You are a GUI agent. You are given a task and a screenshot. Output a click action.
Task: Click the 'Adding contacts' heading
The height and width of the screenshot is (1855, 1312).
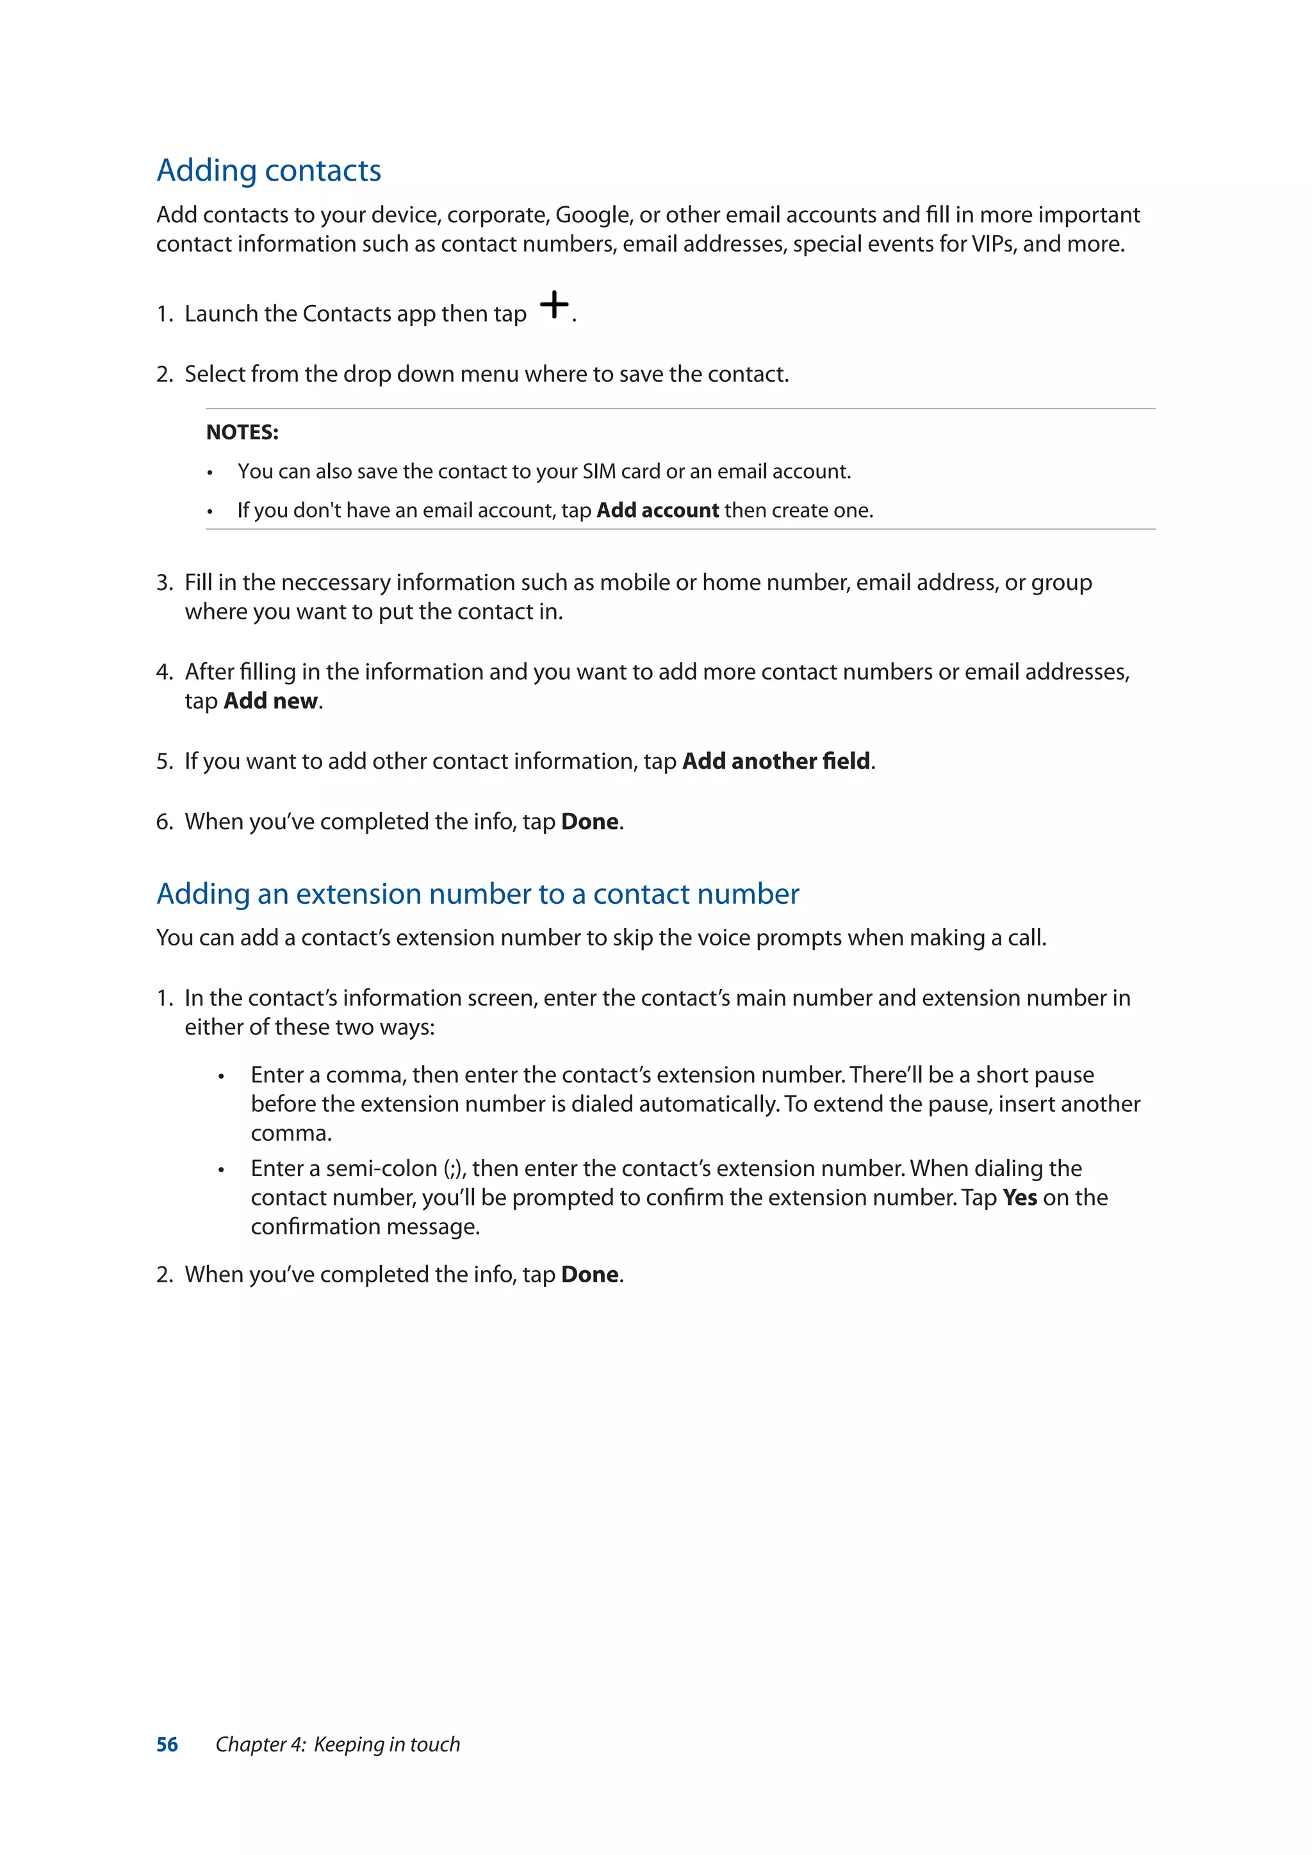tap(268, 170)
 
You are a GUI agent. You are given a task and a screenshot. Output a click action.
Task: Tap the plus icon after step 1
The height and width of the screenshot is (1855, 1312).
tap(554, 305)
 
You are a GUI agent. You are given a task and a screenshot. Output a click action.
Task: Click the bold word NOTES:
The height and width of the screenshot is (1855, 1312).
tap(242, 432)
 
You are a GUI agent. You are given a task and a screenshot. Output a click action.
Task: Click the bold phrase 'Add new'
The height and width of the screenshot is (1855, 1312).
tap(270, 701)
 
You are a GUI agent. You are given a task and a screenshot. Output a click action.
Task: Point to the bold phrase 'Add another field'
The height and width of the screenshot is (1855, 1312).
tap(776, 761)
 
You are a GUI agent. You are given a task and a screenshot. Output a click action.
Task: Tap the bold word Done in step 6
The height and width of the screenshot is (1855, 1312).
tap(590, 822)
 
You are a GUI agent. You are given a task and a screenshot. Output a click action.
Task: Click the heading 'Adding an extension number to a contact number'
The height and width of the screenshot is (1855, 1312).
tap(477, 894)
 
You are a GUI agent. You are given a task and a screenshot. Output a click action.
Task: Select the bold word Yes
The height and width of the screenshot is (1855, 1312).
tap(1019, 1197)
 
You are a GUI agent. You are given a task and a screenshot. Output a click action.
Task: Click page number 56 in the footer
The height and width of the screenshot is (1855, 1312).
tap(167, 1744)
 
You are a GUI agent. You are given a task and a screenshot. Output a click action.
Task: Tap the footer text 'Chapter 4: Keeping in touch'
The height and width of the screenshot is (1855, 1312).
tap(338, 1744)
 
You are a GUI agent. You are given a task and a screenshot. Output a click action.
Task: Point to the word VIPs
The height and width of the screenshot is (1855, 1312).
tap(993, 244)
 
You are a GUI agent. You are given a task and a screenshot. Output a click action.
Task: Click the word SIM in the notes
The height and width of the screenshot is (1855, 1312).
tap(598, 472)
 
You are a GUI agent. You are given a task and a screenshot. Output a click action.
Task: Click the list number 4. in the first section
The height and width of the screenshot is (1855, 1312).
tap(164, 672)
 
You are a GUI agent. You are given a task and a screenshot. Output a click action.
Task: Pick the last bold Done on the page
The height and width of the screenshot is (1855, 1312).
tap(590, 1275)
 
